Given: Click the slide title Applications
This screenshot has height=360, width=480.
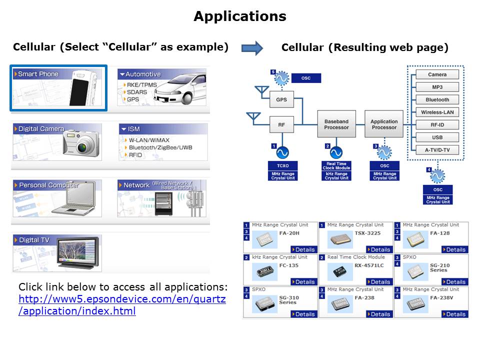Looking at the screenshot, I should [x=239, y=16].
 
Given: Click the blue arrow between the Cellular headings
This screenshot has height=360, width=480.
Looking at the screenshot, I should [x=252, y=48].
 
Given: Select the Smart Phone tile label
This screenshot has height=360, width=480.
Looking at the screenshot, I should [x=38, y=74].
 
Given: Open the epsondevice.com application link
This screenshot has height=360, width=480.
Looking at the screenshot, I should [x=122, y=305].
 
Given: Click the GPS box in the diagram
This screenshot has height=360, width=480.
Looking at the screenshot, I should [x=281, y=99].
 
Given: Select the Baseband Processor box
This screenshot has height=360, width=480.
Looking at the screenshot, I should [x=336, y=124].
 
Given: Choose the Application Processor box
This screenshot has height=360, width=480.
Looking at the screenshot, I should [x=384, y=124].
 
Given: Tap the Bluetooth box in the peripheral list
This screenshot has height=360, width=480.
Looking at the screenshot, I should [x=437, y=99].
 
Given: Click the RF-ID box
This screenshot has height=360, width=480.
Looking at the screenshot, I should [x=437, y=124].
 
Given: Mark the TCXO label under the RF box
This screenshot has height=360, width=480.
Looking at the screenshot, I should [x=283, y=165].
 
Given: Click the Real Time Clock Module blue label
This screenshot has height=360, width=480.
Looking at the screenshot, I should [x=336, y=166].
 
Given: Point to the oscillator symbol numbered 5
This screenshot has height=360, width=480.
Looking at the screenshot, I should [x=280, y=78].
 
